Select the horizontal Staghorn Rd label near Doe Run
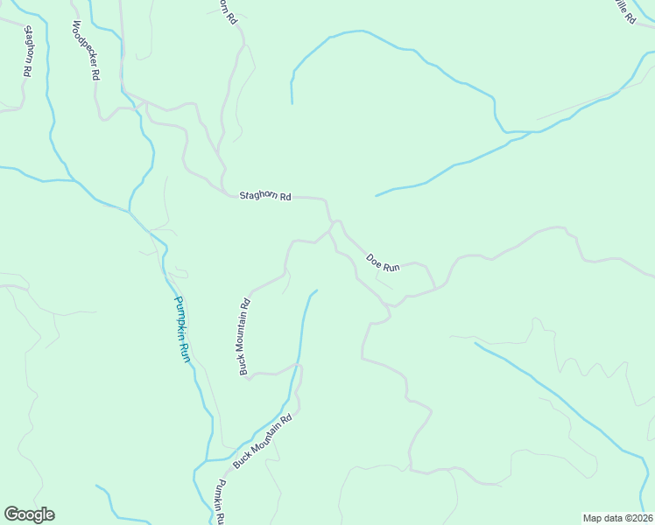pyautogui.click(x=265, y=196)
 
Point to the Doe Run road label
pyautogui.click(x=383, y=262)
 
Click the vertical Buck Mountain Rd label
pyautogui.click(x=245, y=337)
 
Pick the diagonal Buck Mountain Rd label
pyautogui.click(x=262, y=441)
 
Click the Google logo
pyautogui.click(x=29, y=514)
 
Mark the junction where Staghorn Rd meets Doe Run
pyautogui.click(x=332, y=225)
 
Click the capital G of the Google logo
pyautogui.click(x=11, y=514)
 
